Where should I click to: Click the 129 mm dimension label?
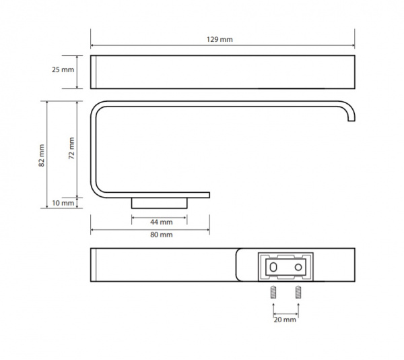click(x=220, y=40)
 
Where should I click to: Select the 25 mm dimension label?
click(x=63, y=69)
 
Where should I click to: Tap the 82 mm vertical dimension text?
click(x=42, y=156)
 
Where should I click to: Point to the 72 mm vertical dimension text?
click(x=71, y=148)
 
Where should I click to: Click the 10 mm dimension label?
click(x=63, y=203)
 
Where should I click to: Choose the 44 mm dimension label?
click(x=162, y=222)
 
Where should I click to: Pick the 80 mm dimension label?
click(x=162, y=235)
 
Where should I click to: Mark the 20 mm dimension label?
click(x=285, y=320)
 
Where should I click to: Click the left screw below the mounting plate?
click(x=273, y=292)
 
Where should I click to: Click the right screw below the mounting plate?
click(x=298, y=292)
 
